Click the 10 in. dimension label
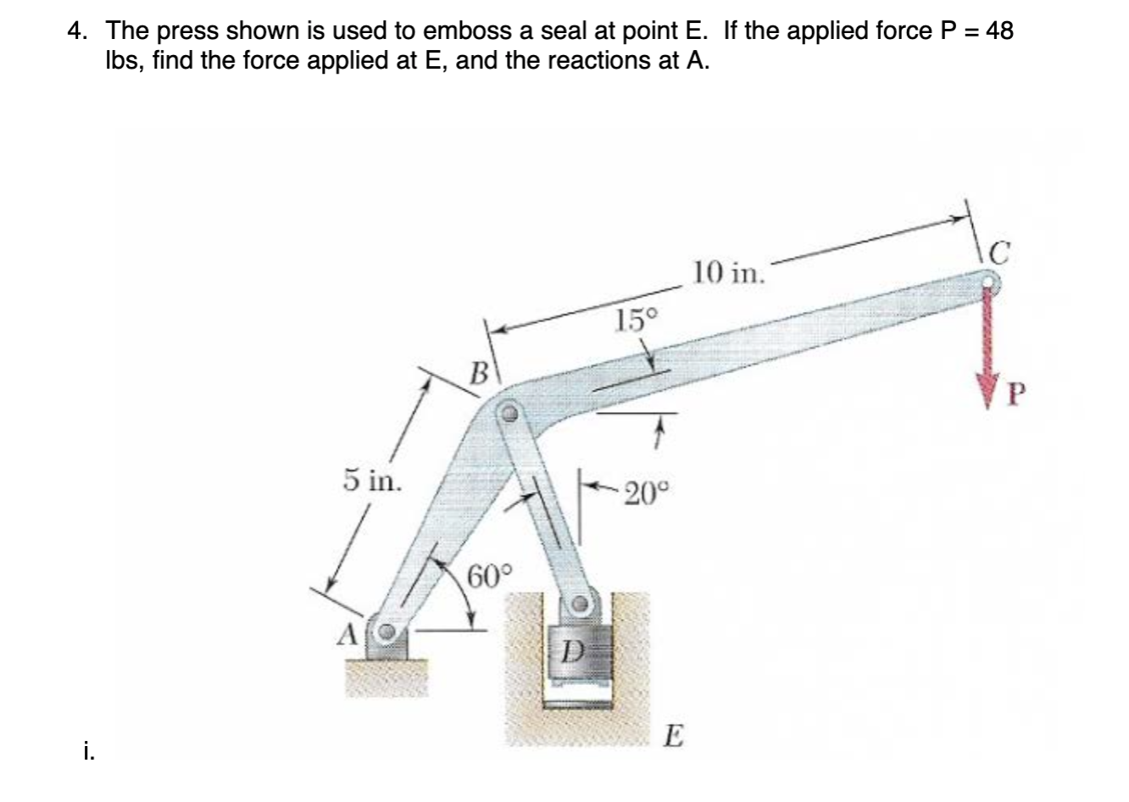(x=728, y=273)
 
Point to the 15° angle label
(x=637, y=320)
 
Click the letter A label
(x=348, y=633)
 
